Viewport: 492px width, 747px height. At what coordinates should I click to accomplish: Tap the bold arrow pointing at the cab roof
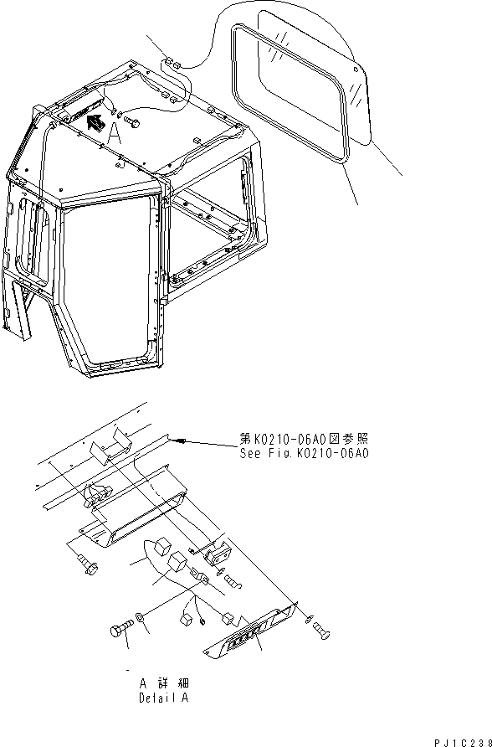click(x=95, y=124)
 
